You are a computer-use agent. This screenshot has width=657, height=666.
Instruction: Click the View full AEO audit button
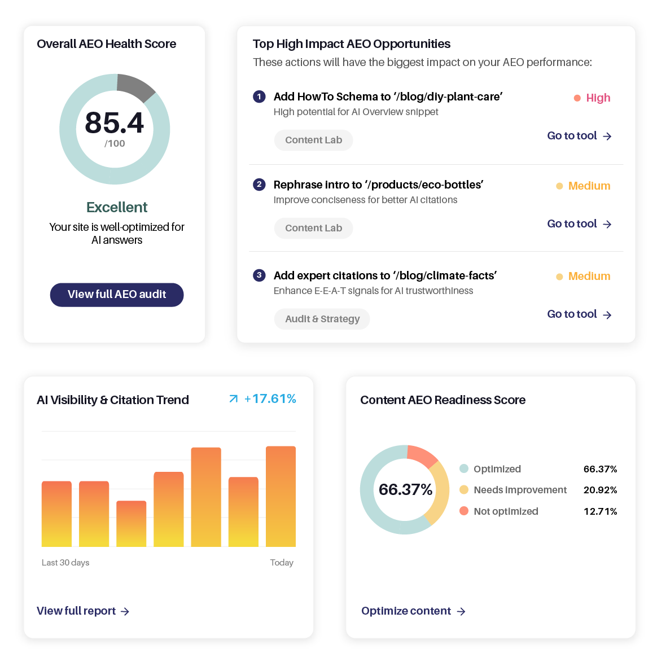117,295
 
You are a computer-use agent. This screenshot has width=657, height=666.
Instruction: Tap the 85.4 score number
115,122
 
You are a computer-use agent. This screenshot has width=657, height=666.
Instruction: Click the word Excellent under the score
117,207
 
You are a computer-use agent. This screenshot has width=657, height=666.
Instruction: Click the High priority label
598,98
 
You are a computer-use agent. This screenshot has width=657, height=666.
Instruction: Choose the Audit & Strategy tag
322,319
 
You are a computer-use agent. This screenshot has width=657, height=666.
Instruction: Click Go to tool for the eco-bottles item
579,224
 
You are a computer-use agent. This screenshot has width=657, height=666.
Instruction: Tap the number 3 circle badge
259,275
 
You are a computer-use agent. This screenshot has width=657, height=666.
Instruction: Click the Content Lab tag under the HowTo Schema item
313,140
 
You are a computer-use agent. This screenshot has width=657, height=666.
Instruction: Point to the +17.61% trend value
270,399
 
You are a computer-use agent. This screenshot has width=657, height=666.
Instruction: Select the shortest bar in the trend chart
131,523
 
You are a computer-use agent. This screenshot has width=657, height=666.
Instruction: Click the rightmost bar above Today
281,496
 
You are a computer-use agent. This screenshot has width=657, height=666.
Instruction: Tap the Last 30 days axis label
65,563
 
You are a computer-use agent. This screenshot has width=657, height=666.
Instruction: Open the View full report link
83,611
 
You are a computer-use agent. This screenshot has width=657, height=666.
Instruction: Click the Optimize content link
413,611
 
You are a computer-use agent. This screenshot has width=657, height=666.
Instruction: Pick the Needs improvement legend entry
520,490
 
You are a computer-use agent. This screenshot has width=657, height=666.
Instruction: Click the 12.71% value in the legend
600,511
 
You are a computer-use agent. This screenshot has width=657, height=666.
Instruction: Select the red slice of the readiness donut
422,455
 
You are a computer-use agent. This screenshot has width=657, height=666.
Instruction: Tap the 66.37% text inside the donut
405,489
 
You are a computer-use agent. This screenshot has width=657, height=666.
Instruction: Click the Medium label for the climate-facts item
589,276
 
